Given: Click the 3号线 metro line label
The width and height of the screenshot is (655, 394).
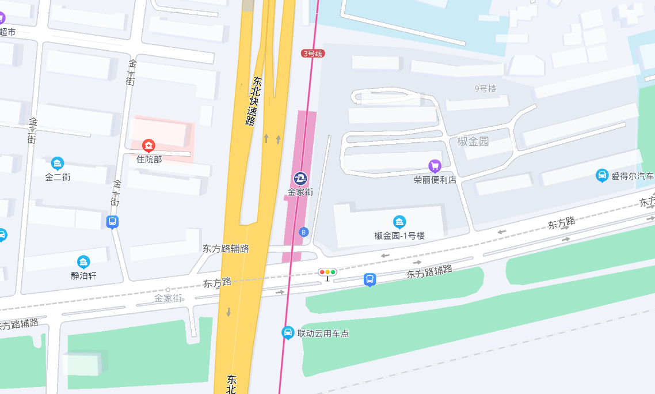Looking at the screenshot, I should click(313, 54).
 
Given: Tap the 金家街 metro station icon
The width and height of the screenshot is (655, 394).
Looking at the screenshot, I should click(300, 178).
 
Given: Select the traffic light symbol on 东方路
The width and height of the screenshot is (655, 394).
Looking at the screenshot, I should click(327, 272).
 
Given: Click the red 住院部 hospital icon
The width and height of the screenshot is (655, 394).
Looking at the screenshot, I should click(149, 146).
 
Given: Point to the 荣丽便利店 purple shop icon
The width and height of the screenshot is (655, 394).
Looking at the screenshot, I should click(435, 166).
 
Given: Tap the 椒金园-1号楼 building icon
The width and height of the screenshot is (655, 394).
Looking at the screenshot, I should click(399, 222).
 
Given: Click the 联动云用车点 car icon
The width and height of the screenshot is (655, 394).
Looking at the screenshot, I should click(288, 332).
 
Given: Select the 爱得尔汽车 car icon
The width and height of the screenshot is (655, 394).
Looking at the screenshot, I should click(602, 175).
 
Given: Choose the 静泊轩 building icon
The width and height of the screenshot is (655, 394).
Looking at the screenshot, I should click(83, 262).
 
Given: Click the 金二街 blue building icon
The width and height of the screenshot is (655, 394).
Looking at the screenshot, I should click(58, 164).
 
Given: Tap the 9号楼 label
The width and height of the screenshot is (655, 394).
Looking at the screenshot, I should click(485, 89).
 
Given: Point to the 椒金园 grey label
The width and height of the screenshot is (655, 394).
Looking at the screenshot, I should click(473, 141).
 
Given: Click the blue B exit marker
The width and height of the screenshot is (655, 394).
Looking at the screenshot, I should click(304, 232).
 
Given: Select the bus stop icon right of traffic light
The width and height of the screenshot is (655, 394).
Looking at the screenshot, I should click(370, 280).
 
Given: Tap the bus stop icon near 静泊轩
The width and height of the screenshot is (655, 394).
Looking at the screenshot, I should click(113, 222).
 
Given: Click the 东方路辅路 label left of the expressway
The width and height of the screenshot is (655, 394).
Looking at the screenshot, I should click(226, 249).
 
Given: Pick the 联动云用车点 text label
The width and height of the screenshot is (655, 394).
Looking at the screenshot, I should click(323, 333).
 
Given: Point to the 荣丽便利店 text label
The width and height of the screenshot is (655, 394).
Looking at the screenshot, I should click(435, 180).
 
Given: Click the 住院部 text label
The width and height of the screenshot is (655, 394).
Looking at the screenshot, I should click(149, 159).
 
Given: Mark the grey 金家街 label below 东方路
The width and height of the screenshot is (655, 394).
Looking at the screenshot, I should click(168, 298).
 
